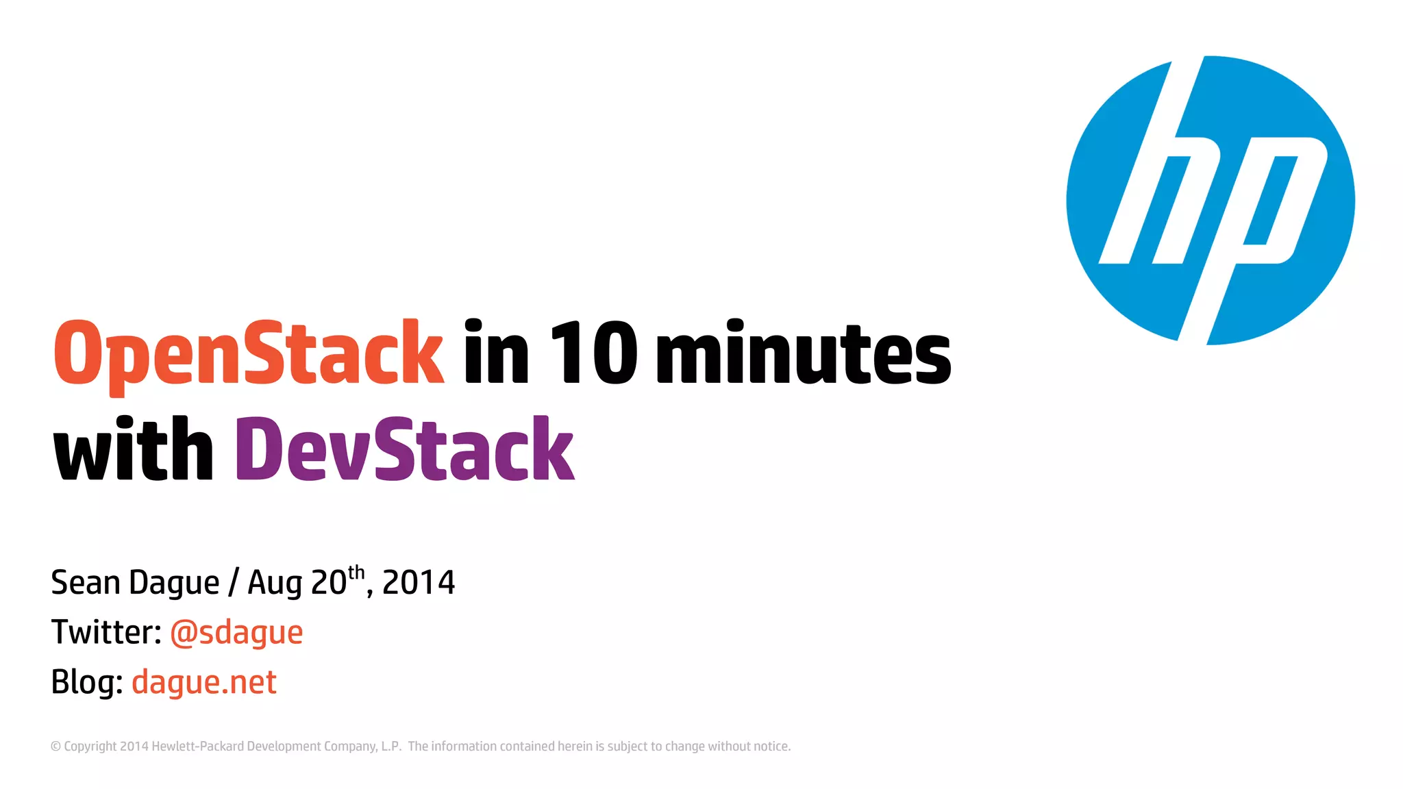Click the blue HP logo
point(1210,200)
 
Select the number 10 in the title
point(593,353)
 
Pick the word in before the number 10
point(496,353)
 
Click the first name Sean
point(86,583)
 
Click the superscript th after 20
point(356,573)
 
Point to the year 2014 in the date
point(418,583)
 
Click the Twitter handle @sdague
point(236,633)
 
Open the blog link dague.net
point(204,683)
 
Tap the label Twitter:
point(106,632)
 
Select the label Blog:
point(87,683)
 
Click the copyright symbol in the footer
point(55,747)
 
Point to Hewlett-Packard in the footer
point(197,747)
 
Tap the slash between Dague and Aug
point(234,584)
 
